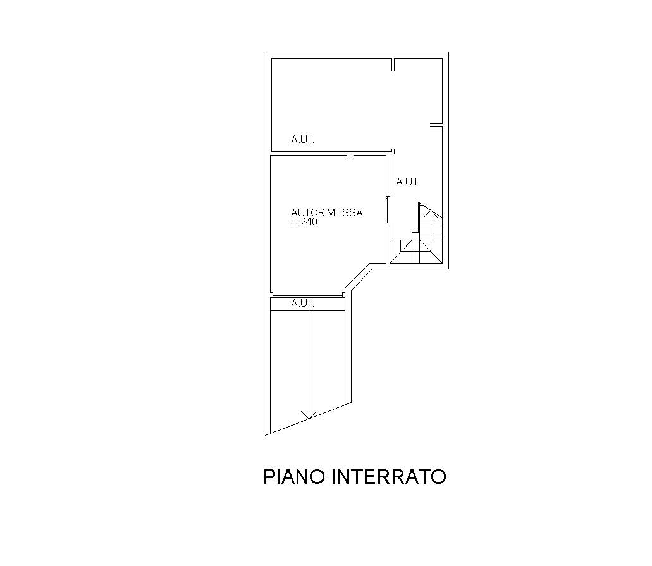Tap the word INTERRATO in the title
click(389, 477)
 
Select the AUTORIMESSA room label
click(327, 212)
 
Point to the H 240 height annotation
click(304, 222)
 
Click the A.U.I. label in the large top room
click(302, 140)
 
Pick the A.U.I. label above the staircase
click(407, 181)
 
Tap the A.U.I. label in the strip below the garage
click(302, 304)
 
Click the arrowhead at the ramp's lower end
click(308, 415)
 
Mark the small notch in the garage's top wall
click(350, 157)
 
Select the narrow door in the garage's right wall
click(387, 210)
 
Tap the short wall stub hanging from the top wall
click(393, 65)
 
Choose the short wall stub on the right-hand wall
click(436, 125)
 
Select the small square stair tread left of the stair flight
click(416, 237)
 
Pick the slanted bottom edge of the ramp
click(308, 419)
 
